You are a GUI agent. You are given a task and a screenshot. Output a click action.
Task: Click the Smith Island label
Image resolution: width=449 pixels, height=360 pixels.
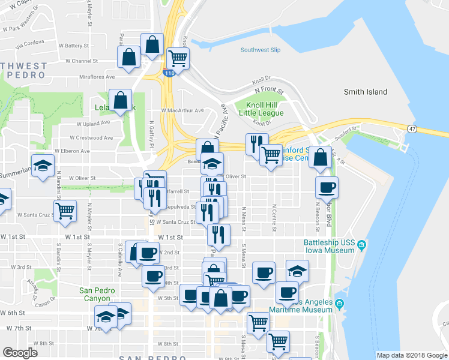[x=365, y=92]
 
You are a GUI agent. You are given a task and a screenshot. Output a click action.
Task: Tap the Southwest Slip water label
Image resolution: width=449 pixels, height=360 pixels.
[x=261, y=50]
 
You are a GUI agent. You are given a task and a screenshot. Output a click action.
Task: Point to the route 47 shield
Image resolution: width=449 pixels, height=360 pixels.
[x=411, y=128]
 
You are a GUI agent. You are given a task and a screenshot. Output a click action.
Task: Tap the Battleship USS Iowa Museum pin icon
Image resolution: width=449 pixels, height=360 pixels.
[x=363, y=244]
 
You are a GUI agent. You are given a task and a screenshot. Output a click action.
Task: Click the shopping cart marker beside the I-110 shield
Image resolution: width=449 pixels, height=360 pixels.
[x=178, y=59]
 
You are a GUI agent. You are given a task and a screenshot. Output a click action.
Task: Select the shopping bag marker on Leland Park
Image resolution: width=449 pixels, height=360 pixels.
[x=120, y=101]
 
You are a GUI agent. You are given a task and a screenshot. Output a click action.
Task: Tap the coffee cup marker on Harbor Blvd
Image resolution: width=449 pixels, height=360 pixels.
[x=327, y=187]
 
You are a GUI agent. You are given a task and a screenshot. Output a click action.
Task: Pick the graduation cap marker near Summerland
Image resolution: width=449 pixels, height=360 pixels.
[x=43, y=166]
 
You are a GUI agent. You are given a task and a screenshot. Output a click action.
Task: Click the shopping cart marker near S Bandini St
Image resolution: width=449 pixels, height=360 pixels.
[x=65, y=210]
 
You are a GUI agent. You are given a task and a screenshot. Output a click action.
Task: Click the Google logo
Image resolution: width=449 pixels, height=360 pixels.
[x=20, y=352]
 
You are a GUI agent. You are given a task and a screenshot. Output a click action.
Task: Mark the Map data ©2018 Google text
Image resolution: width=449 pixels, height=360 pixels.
[x=412, y=355]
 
